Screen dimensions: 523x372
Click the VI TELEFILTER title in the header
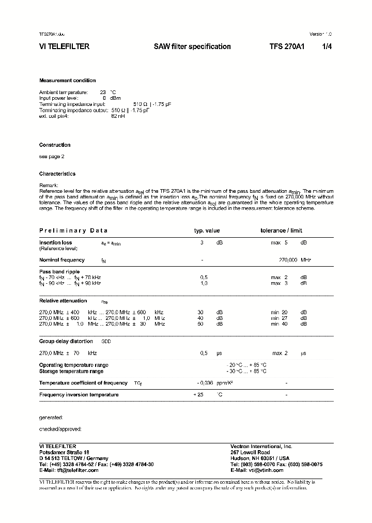pos(64,47)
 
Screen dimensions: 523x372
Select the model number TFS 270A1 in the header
pos(287,47)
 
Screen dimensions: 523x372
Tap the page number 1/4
pos(327,47)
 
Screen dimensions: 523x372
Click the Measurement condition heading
pos(67,81)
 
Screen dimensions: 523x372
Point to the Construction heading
pos(55,145)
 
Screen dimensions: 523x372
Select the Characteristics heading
pos(57,174)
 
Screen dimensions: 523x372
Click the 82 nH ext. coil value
pos(118,116)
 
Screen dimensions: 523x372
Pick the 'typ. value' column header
pos(207,230)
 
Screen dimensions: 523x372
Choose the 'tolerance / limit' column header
pos(281,230)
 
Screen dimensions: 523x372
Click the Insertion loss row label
pos(56,242)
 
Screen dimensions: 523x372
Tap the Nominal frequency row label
pos(61,260)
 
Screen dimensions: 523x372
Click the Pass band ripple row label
pos(59,271)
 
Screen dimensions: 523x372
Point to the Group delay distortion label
pos(66,342)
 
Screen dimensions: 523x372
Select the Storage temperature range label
pos(71,371)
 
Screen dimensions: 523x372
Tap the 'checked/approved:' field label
pos(60,429)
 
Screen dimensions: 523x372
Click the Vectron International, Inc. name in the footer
pos(261,446)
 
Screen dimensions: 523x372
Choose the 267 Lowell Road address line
pos(250,452)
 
